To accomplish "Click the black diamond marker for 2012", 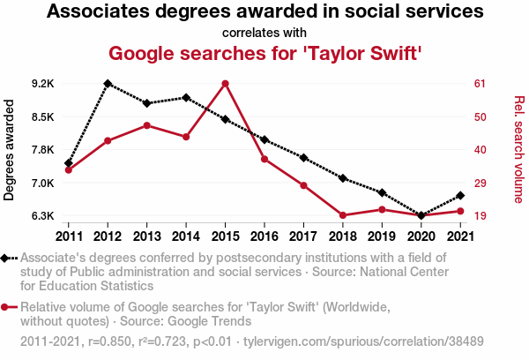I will [108, 83].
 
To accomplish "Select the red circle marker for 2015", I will [225, 84].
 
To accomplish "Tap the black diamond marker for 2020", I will [421, 215].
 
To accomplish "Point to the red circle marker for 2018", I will [342, 215].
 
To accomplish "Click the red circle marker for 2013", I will [146, 125].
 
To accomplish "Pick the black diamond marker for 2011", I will [69, 163].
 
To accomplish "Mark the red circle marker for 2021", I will [460, 211].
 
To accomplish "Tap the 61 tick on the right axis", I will [481, 84].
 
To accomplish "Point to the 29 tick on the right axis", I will [481, 184].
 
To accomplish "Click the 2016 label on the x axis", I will [264, 236].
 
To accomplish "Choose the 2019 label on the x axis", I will [382, 236].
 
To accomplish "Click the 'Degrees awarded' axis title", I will [10, 150].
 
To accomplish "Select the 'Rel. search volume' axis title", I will [518, 150].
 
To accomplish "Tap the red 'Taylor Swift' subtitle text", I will [264, 53].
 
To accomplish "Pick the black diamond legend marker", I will [7, 258].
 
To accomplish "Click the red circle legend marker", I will [7, 307].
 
